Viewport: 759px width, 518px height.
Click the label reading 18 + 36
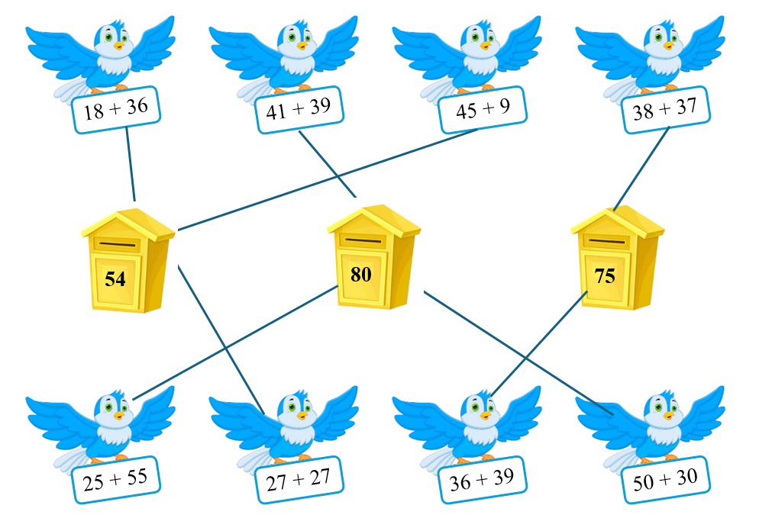(116, 112)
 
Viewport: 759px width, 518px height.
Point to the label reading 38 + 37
(665, 110)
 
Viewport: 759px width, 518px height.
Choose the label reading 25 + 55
(116, 480)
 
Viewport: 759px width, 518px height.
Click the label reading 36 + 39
(482, 479)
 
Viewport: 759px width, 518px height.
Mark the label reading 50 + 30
(665, 481)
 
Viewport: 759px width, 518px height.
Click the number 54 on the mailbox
(115, 279)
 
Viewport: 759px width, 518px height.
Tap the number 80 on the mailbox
(361, 274)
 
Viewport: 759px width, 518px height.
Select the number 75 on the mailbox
(604, 276)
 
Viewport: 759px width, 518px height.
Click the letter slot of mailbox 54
(118, 246)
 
